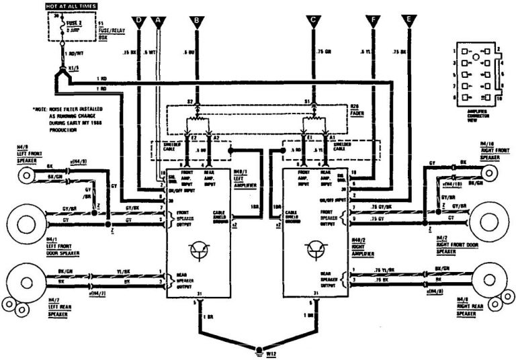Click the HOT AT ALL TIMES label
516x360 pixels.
point(70,6)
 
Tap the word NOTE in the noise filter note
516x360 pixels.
point(42,108)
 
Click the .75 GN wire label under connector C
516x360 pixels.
point(326,50)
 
